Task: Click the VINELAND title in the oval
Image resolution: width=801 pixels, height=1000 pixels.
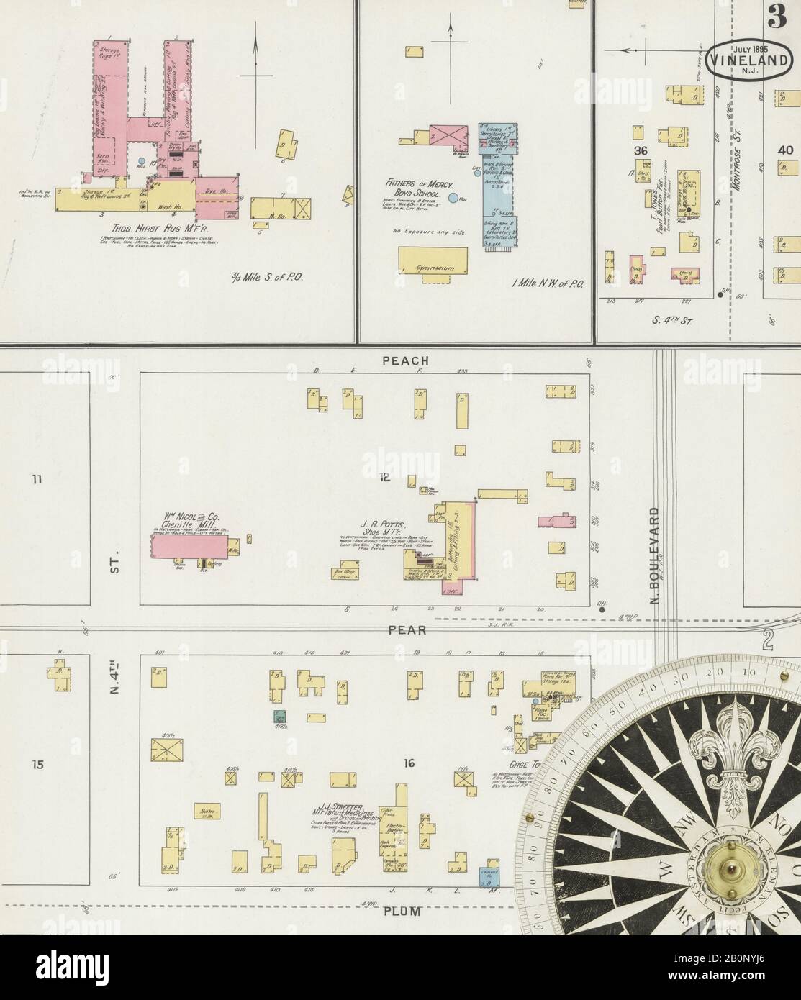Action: point(749,60)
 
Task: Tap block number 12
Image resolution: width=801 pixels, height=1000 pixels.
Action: point(385,476)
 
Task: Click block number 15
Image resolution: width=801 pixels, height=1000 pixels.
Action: point(37,763)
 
